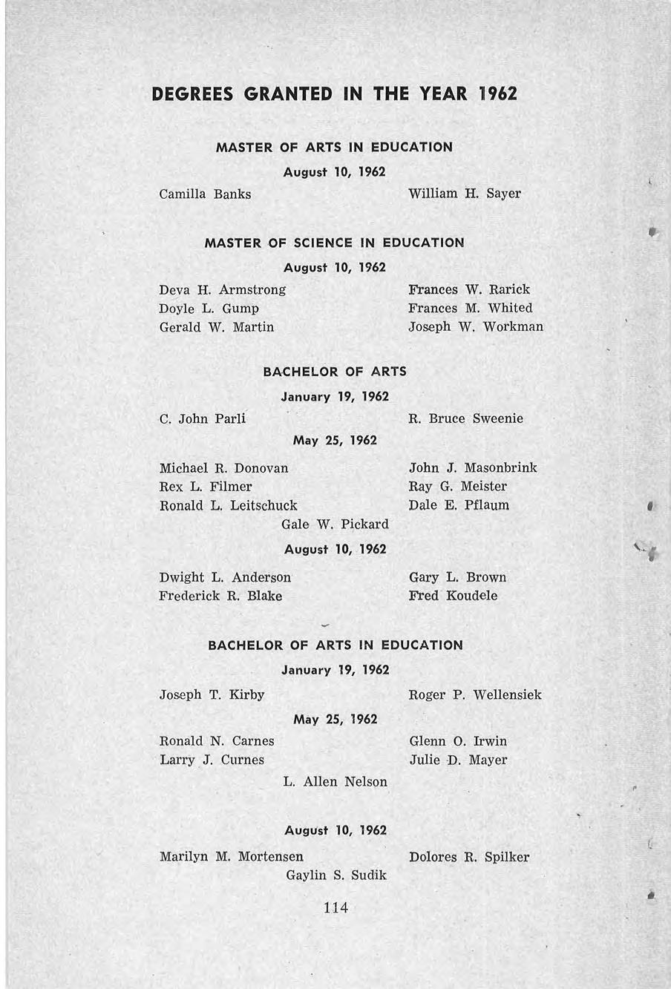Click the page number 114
(336, 907)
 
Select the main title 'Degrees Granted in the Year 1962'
(334, 94)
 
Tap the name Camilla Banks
(205, 194)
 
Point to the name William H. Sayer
(465, 194)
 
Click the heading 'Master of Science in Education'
(334, 243)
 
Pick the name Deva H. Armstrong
(222, 289)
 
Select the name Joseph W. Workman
(476, 326)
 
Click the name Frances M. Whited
(471, 308)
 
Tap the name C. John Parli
(203, 418)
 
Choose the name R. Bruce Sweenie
(466, 418)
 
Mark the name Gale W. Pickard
(335, 525)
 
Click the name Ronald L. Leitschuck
(228, 505)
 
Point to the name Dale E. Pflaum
(459, 505)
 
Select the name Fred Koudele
(453, 596)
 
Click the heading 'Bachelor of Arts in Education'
(335, 645)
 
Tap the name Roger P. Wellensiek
(475, 695)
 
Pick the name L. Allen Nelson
(335, 782)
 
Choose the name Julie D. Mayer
(458, 760)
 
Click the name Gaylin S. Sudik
(336, 875)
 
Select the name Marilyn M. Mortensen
(231, 857)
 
